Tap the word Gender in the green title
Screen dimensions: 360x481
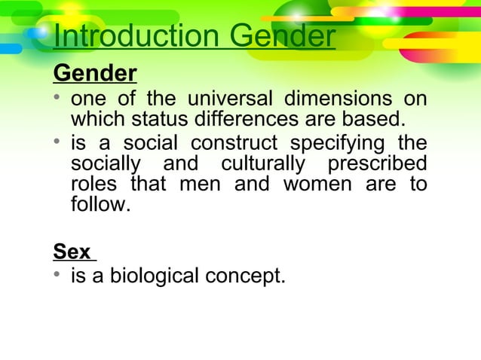(282, 37)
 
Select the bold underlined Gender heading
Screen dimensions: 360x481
(94, 75)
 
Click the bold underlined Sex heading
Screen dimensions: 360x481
(72, 251)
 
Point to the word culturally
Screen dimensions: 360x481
(260, 163)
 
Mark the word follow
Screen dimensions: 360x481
(100, 204)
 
